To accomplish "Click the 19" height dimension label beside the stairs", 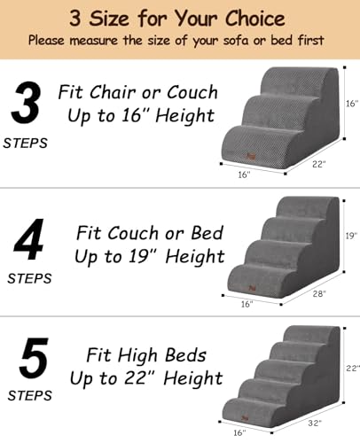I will point(351,237).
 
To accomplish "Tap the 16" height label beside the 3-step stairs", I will point(351,104).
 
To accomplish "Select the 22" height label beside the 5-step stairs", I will point(351,368).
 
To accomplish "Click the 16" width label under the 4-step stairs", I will point(247,305).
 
